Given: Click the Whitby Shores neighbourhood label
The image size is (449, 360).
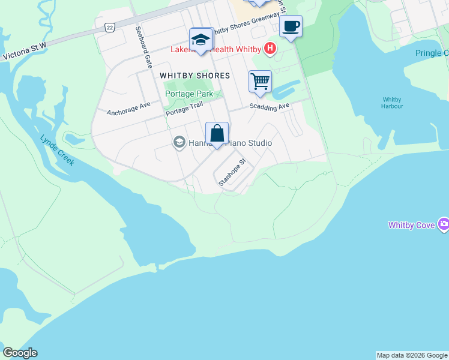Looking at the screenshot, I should point(195,76).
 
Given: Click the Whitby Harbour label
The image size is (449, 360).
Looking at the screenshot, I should point(393,103).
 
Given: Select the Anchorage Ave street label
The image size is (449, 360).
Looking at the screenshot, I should point(128,108).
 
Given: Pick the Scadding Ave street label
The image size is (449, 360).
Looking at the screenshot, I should point(270,107).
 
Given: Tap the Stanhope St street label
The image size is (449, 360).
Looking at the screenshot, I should point(233,172).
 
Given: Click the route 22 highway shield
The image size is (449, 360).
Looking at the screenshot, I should point(109,28).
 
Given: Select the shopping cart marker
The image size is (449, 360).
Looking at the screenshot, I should point(260,80).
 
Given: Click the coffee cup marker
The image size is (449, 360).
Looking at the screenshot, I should point(291,26).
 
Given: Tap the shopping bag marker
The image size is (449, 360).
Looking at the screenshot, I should point(217,133).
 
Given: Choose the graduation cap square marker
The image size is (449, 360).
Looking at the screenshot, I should point(201,40).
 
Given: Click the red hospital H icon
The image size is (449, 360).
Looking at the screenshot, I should point(271,48).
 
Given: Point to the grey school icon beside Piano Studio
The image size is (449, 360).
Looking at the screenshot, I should point(178,142).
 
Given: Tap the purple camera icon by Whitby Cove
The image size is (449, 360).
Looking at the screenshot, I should point(444,225).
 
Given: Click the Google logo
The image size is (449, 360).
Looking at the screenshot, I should point(20,353).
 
